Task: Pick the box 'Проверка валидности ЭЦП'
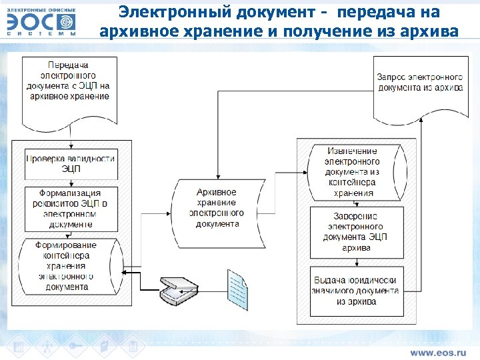pos(71,163)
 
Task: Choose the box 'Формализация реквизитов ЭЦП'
pos(71,207)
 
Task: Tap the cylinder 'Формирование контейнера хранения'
pos(69,265)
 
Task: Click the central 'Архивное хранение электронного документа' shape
pos(217,207)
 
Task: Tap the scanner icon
pos(178,289)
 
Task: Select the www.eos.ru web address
pos(437,351)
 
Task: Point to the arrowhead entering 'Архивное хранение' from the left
pos(171,213)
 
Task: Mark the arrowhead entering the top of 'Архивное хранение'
pos(217,176)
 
